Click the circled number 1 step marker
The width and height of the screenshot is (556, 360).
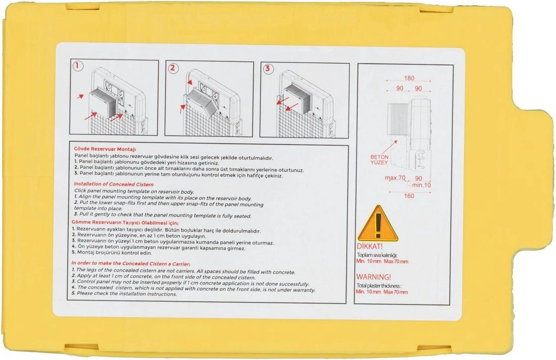pos(78,66)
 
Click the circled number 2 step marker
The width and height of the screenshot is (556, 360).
pos(173,68)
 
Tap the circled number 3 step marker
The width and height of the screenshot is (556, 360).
pos(268,68)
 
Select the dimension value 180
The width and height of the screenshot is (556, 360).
pos(409,78)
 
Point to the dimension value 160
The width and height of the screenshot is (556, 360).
pos(409,196)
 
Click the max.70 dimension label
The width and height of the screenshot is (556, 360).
pos(395,177)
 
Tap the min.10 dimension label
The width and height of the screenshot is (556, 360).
pos(421,185)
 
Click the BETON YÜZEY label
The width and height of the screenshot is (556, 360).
pos(379,160)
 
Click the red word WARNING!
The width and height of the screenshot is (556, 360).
pos(374,277)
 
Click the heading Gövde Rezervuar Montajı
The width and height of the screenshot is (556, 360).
pos(105,149)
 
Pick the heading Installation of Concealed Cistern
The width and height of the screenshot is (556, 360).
pos(113,185)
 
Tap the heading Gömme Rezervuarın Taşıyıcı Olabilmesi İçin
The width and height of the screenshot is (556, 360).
pos(125,223)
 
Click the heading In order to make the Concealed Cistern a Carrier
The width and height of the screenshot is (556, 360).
pos(130,263)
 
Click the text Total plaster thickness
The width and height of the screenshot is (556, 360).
pos(379,286)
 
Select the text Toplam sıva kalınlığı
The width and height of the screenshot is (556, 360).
pos(377,255)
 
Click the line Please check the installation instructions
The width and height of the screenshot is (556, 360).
pos(124,294)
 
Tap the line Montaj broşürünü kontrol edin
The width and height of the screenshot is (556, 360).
pos(112,253)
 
